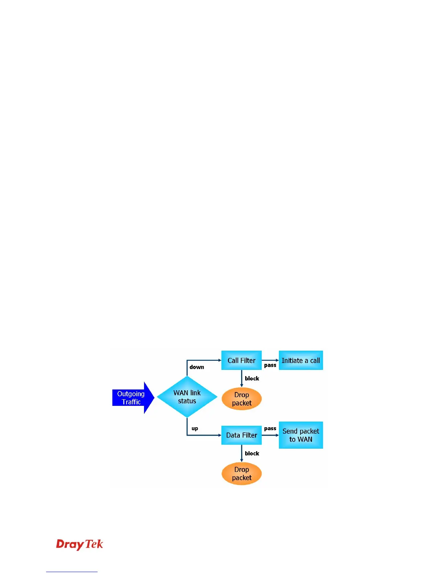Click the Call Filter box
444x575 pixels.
(x=241, y=360)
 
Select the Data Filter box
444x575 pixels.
(x=241, y=435)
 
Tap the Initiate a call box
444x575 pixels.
(x=301, y=360)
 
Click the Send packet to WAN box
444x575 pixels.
(x=301, y=435)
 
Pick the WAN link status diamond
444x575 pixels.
(x=187, y=397)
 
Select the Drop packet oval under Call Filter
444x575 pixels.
(x=242, y=399)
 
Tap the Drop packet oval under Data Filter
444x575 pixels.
(x=242, y=474)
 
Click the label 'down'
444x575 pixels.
(x=197, y=367)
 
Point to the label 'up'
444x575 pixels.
(x=195, y=429)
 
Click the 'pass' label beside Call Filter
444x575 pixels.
(x=270, y=365)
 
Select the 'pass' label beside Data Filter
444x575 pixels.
(x=270, y=428)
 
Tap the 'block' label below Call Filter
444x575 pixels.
(x=252, y=379)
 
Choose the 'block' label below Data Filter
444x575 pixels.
(x=252, y=453)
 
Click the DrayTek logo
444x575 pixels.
(x=79, y=545)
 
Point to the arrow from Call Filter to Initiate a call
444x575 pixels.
(x=270, y=360)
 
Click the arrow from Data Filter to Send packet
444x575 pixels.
(x=270, y=435)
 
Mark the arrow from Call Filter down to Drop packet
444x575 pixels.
(x=242, y=379)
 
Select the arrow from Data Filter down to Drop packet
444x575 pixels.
(x=242, y=453)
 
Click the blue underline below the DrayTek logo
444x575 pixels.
(x=72, y=572)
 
